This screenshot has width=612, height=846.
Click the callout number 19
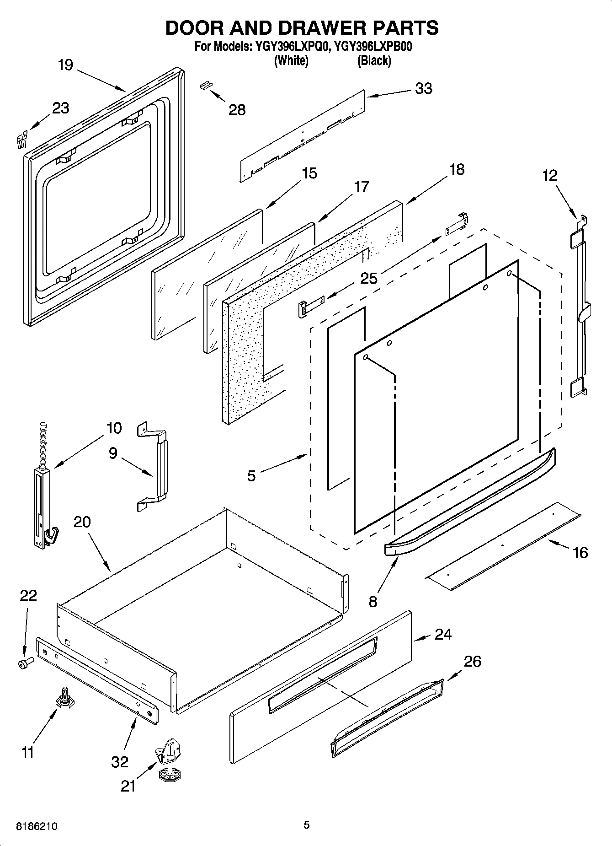click(66, 65)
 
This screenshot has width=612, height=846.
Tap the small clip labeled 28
click(207, 85)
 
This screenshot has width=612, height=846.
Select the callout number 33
click(423, 88)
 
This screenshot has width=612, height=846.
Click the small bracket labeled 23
click(21, 139)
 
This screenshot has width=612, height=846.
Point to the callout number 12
click(550, 175)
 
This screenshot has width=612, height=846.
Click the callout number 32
click(120, 762)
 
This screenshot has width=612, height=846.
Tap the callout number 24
click(443, 634)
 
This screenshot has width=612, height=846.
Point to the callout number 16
click(580, 553)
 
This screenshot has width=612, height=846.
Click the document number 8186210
click(37, 826)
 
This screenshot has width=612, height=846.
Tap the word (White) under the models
click(291, 60)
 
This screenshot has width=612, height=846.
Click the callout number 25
click(369, 278)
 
